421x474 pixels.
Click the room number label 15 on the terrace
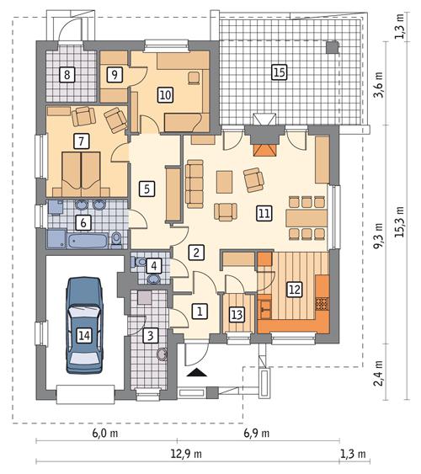279,72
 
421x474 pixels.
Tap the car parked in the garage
84,325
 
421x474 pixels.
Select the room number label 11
264,213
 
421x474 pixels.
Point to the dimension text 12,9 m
186,454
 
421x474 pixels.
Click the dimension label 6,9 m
256,434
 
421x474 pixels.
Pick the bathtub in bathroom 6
88,241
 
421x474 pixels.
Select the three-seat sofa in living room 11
195,184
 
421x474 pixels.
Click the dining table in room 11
306,218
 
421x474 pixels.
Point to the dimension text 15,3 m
400,221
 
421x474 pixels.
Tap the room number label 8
67,74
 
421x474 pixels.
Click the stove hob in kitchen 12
322,304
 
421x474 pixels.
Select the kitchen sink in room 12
265,309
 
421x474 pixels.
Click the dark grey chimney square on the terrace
332,47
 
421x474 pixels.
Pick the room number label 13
237,315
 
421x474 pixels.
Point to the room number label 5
147,189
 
